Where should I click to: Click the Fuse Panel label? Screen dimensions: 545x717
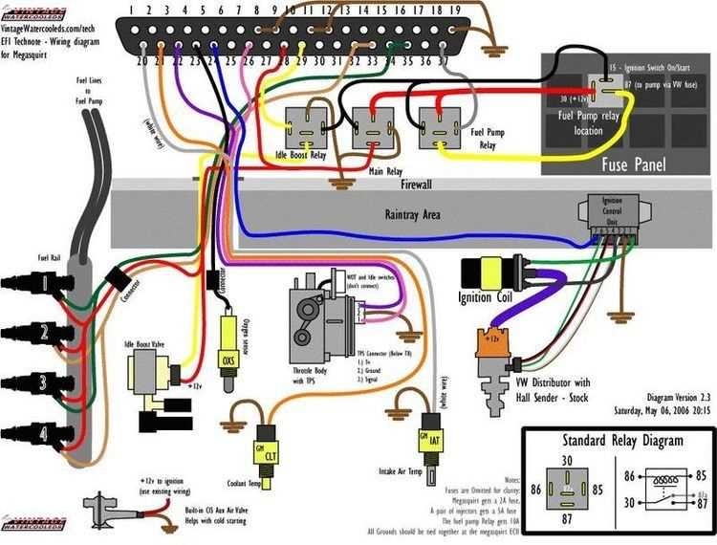tap(625, 164)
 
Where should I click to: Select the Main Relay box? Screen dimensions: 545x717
tap(372, 125)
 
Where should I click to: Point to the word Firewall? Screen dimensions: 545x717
tap(417, 183)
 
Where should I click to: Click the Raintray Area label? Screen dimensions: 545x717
tap(412, 216)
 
